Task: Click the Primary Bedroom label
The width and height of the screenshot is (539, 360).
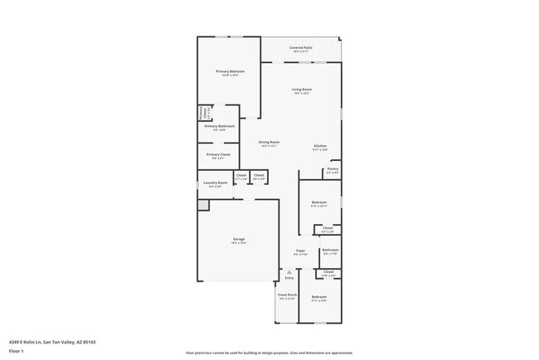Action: tap(230, 72)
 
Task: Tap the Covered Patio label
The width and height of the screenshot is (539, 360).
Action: tap(301, 48)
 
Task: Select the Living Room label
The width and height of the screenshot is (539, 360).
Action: tap(301, 90)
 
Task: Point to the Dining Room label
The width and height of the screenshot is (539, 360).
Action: tap(269, 142)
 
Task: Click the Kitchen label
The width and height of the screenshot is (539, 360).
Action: tap(320, 146)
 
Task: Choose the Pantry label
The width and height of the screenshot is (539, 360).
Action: tap(333, 169)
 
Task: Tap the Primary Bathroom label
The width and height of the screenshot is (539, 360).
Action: tap(220, 127)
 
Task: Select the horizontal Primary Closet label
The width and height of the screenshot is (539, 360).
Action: tap(219, 154)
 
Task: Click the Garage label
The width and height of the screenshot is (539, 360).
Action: tap(239, 240)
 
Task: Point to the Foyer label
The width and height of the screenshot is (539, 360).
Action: tap(300, 251)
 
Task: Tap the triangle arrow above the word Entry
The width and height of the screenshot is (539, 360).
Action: tap(289, 271)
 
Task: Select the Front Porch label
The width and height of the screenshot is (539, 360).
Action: tap(287, 295)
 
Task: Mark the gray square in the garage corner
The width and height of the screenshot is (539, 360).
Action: tap(203, 204)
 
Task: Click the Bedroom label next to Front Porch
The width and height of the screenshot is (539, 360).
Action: tap(319, 297)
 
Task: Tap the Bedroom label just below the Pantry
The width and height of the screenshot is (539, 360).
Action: tap(319, 202)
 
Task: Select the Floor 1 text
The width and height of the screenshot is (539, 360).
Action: tap(17, 351)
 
